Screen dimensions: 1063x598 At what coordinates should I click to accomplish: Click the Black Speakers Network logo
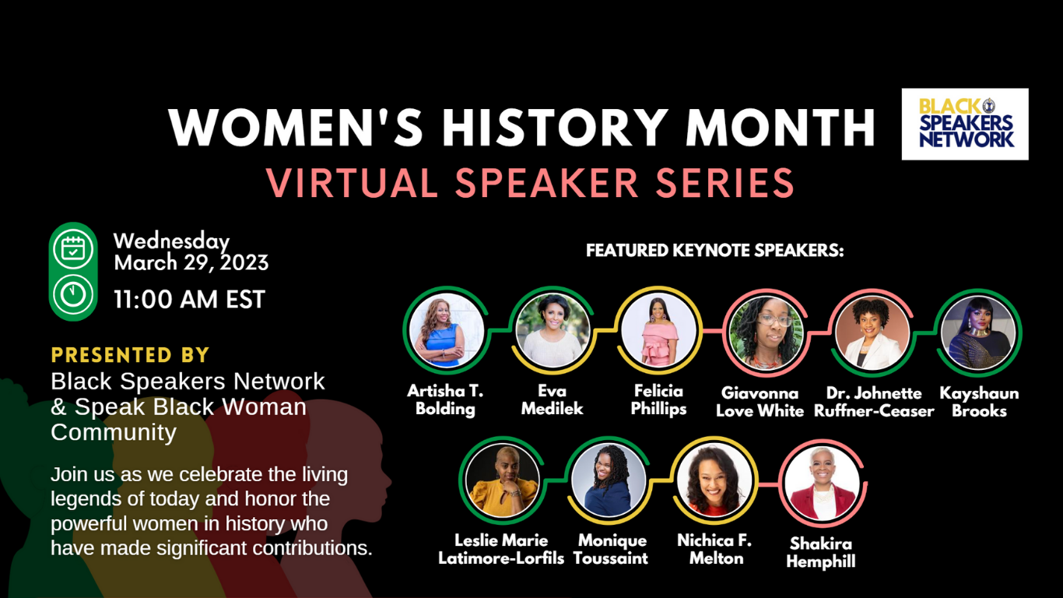tap(965, 124)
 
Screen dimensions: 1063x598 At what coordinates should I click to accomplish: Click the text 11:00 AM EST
tap(189, 300)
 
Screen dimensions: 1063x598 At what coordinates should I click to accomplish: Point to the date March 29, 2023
tap(191, 262)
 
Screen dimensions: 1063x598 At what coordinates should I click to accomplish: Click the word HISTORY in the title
tap(555, 127)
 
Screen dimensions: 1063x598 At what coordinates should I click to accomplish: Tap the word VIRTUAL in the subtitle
tap(351, 183)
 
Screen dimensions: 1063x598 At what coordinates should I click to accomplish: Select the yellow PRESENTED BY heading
tap(130, 355)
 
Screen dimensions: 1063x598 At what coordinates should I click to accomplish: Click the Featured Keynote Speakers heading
tap(714, 250)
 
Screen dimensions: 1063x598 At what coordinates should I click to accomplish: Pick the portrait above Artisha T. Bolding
tap(446, 330)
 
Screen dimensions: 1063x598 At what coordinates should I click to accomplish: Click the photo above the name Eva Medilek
tap(553, 330)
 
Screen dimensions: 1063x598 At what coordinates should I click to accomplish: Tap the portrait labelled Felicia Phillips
tap(658, 330)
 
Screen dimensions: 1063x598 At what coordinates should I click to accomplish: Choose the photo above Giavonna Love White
tap(766, 333)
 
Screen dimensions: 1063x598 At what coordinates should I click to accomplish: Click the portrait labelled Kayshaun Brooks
tap(978, 333)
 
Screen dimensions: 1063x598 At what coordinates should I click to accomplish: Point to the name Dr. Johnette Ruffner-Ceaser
tap(874, 402)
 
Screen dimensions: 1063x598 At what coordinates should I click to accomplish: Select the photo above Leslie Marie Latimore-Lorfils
tap(502, 480)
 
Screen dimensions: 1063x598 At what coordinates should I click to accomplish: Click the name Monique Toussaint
tap(611, 549)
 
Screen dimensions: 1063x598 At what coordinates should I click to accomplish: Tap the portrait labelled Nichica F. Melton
tap(714, 480)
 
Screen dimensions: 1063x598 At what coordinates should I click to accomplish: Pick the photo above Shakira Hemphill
tap(822, 484)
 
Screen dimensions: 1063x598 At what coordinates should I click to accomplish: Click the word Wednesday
tap(171, 241)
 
